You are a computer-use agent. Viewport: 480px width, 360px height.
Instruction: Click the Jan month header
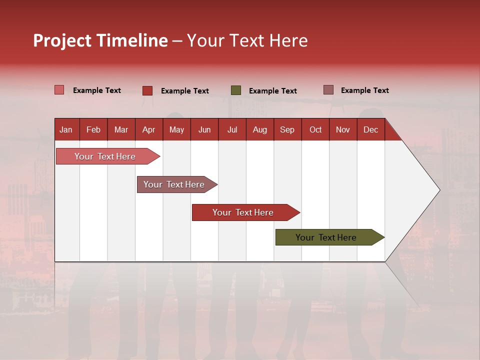[x=66, y=129]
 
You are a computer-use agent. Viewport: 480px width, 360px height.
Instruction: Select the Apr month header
[x=148, y=129]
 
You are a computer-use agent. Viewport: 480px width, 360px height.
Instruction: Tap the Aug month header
[x=259, y=129]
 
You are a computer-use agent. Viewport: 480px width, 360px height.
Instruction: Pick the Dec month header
[x=370, y=129]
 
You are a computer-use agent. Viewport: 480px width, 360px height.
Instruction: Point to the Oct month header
[x=315, y=129]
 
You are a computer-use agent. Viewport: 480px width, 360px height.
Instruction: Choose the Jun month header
[x=204, y=129]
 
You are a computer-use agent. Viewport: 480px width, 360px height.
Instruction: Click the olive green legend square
[x=236, y=90]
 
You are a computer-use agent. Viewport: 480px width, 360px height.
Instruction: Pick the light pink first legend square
[x=59, y=90]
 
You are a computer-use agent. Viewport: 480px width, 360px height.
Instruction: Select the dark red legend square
[x=147, y=90]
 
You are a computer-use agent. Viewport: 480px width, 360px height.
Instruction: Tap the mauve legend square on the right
[x=328, y=90]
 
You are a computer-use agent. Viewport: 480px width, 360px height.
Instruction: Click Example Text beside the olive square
[x=272, y=91]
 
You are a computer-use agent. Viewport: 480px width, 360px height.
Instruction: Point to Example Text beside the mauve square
[x=364, y=90]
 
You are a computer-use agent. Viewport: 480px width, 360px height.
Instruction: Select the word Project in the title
[x=62, y=40]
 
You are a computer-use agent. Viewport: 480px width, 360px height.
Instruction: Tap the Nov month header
[x=342, y=129]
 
